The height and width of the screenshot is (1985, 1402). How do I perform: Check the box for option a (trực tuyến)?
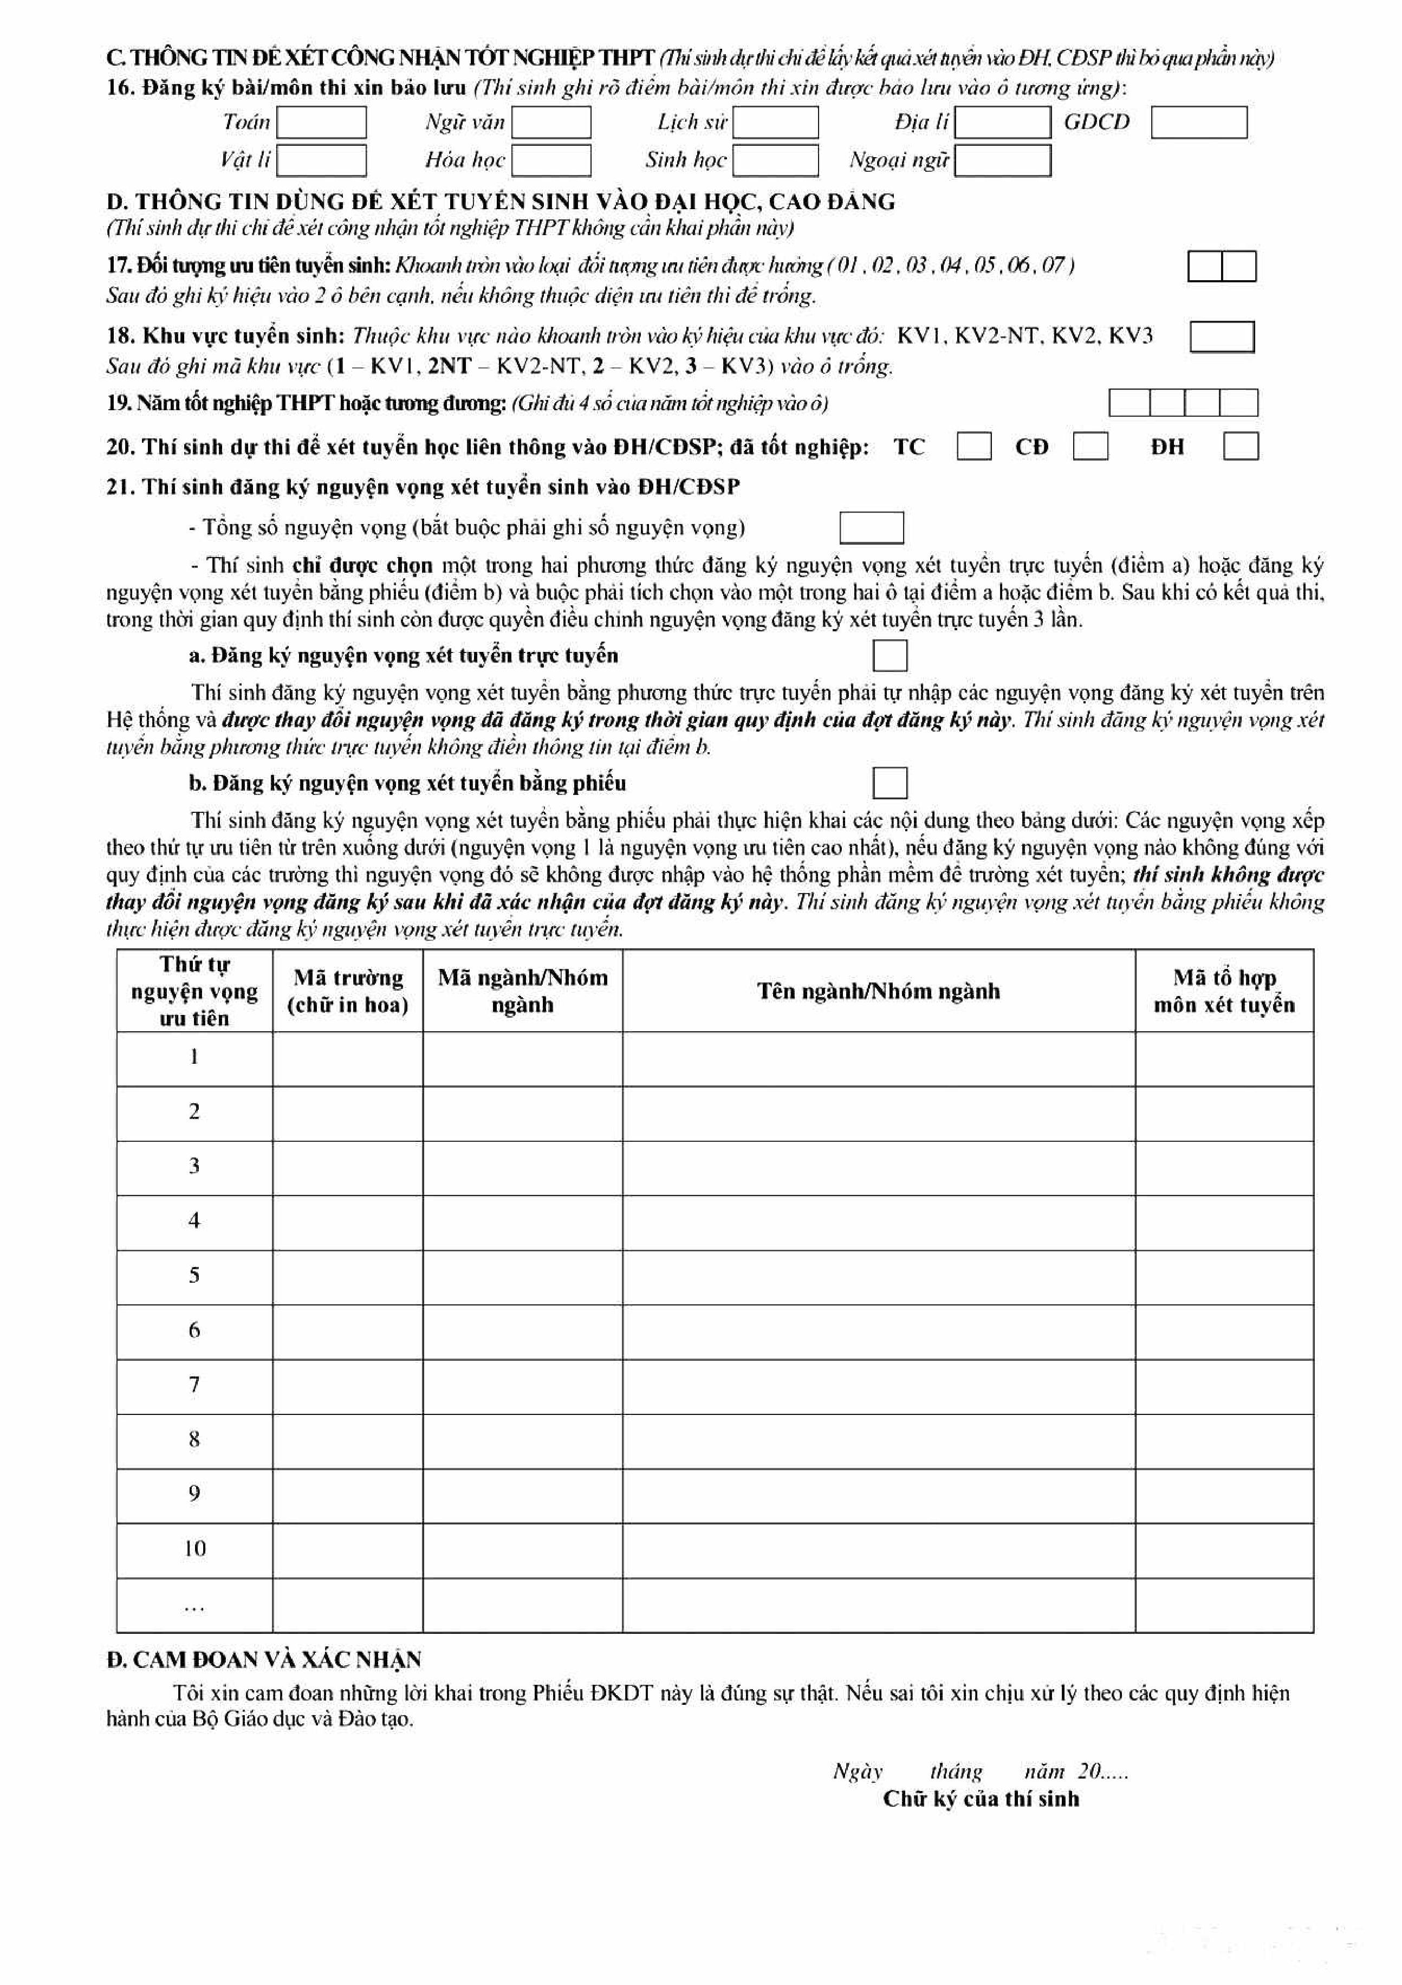pos(890,655)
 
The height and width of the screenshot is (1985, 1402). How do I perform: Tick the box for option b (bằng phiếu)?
pos(890,783)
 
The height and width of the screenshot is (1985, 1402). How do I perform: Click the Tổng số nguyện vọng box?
pos(871,527)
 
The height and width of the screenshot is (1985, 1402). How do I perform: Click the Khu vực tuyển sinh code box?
pos(1222,337)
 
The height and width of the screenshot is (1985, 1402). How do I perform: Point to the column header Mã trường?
pos(347,991)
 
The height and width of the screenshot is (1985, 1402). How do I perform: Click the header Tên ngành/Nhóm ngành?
pos(878,991)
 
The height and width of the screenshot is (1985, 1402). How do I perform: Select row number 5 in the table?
pos(194,1275)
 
